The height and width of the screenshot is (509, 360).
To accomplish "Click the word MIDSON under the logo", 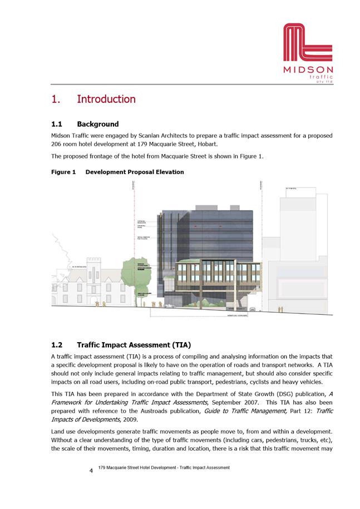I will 308,70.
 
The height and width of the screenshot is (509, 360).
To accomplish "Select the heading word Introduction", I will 106,100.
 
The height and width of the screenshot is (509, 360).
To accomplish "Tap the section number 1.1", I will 57,124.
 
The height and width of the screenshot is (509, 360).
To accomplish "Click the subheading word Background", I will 98,124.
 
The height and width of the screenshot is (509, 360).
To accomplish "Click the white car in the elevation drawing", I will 169,305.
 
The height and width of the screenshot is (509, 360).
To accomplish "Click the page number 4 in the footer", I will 91,471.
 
